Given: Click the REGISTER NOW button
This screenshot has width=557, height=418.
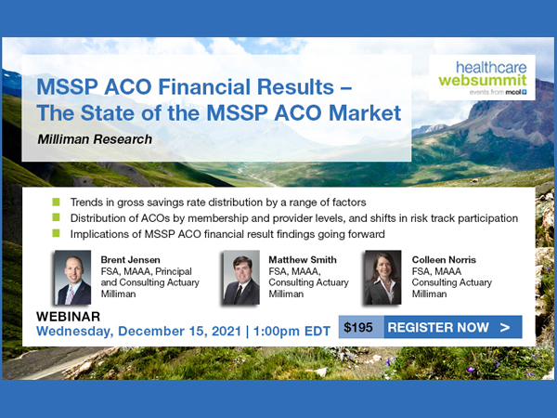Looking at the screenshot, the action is coord(453,327).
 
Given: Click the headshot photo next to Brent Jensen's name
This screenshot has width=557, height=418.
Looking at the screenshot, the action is coord(72,278).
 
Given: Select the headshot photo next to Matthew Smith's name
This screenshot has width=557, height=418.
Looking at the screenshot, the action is coord(241,278).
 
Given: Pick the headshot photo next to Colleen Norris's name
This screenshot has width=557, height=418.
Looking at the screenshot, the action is coord(382,278).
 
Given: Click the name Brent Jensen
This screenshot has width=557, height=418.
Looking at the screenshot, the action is coord(130,260).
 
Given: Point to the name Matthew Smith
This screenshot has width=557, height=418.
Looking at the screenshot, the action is coord(303,260).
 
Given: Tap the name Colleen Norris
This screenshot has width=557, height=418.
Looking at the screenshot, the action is coord(444,260).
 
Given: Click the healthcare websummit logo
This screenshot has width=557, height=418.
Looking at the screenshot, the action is coord(482,77).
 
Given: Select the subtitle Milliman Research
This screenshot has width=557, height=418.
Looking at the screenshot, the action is coord(95,139).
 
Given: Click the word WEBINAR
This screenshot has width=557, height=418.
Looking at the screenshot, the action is coord(68,317).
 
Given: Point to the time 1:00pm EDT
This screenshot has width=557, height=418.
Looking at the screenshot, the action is coord(291,332).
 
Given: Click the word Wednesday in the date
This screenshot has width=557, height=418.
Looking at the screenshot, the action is coord(75,332).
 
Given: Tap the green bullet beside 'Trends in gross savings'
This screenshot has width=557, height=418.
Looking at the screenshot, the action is coord(56,202).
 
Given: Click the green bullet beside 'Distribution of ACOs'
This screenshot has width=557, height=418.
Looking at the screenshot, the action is coord(56,217).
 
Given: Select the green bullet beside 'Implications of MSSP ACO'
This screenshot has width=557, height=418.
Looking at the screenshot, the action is coord(56,233).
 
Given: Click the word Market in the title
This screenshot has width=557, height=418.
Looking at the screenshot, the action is coord(365,113).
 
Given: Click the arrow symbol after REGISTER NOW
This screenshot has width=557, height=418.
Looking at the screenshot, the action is coord(505,327).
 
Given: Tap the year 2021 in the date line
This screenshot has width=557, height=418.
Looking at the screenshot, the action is coord(227,332).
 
